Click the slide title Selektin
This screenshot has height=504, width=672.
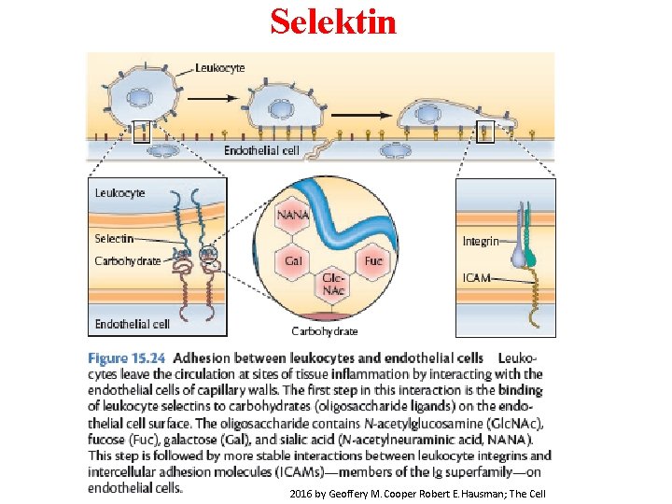point(333,21)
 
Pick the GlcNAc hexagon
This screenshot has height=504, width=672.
point(333,285)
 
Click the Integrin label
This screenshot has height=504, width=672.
point(481,242)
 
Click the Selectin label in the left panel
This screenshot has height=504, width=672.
point(114,239)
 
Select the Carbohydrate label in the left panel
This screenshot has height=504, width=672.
point(127,261)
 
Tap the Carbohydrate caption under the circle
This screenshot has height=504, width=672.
point(324,330)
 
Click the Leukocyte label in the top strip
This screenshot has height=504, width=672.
point(220,68)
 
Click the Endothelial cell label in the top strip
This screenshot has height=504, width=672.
point(261,150)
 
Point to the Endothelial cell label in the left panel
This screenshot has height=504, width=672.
point(132,324)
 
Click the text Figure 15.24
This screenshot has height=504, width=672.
point(127,357)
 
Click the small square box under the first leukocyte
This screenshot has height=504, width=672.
point(142,133)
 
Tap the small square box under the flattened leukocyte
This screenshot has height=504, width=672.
point(485,133)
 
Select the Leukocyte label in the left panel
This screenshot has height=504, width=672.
point(119,192)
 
